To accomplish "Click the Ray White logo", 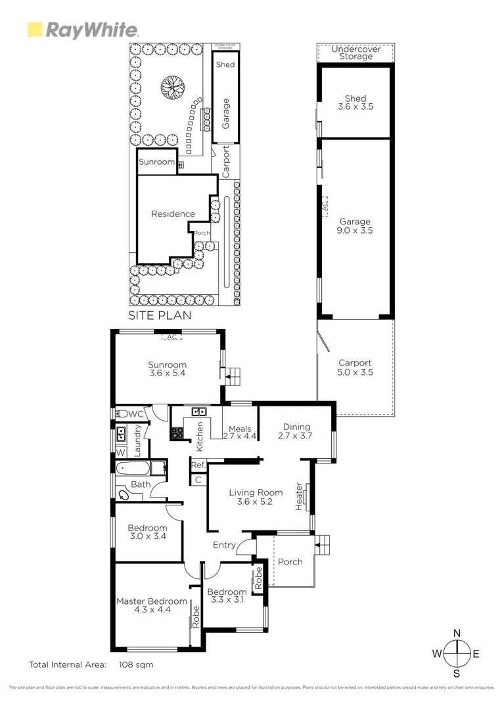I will [83, 30].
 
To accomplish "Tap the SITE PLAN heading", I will [160, 315].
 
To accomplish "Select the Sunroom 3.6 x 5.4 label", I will [167, 370].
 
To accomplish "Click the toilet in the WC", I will [121, 414].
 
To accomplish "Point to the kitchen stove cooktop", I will [177, 433].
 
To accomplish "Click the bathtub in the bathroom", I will [132, 469].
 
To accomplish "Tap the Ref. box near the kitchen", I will [198, 465].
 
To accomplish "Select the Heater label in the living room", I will [299, 496].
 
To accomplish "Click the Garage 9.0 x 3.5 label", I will [355, 226].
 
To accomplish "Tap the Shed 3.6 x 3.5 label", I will [355, 102].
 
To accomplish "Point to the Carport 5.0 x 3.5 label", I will [355, 368].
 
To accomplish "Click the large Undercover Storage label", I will [355, 53].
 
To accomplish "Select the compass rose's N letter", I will [457, 633].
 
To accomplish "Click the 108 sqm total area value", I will [136, 664].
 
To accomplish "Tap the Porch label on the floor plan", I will [290, 562].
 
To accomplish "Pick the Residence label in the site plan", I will [173, 214].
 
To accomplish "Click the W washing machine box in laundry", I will [121, 452].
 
